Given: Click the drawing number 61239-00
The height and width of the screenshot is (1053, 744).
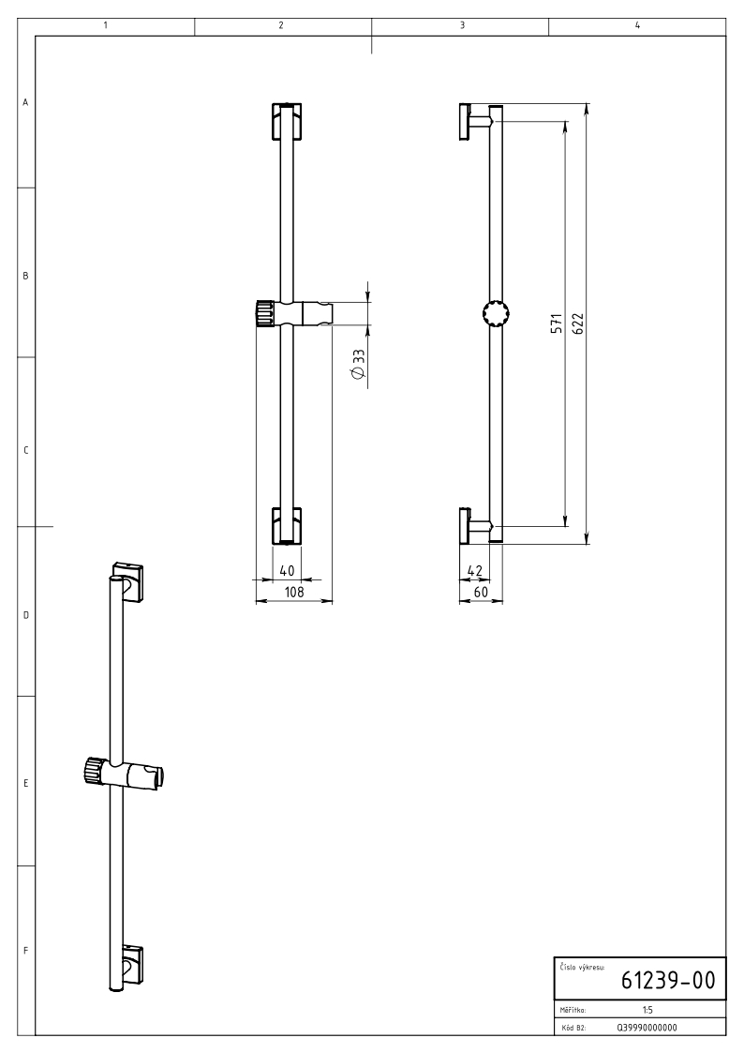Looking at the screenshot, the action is (668, 980).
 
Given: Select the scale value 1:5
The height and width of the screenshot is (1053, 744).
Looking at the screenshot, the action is (647, 1009).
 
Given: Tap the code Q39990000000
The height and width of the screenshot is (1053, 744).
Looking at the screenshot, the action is (647, 1028).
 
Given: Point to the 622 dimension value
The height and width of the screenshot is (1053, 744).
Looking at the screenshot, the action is (579, 323).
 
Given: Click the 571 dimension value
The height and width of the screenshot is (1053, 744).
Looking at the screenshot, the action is (557, 323).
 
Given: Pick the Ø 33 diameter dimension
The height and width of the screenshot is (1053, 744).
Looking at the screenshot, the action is (358, 365).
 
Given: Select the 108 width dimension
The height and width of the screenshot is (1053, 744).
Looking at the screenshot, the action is (294, 592).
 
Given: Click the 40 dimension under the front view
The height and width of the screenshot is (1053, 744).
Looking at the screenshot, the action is (287, 571).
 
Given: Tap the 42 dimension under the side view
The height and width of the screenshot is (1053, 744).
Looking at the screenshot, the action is (474, 571).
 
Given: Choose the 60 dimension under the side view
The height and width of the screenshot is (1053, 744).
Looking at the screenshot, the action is (481, 593).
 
